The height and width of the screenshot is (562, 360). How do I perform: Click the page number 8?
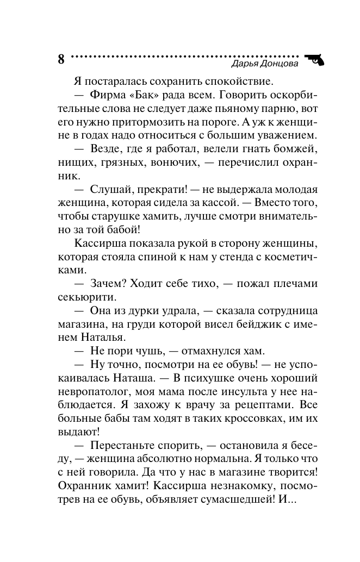60,59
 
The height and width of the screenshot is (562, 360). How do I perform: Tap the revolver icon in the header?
313,59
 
